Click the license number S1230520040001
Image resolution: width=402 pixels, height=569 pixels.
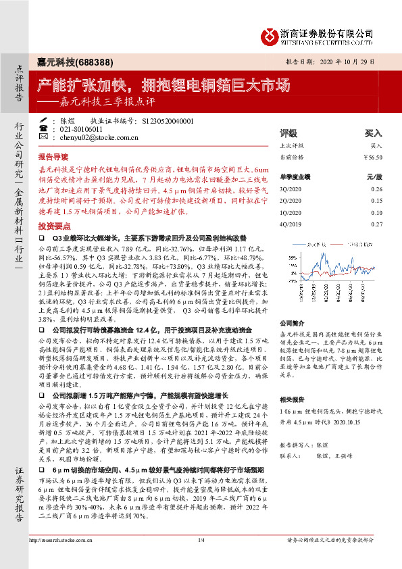(168, 120)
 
